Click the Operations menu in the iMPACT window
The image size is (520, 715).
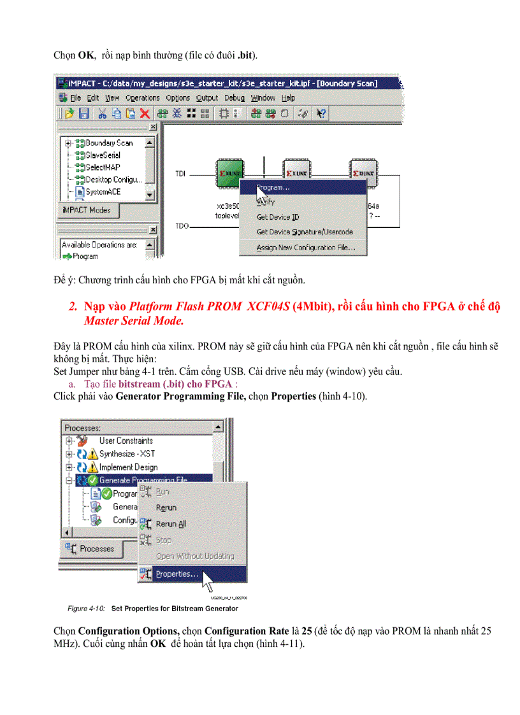tap(142, 98)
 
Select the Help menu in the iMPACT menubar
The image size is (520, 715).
tap(289, 98)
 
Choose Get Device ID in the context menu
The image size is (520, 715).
tap(277, 217)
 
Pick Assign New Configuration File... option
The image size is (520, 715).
tap(306, 248)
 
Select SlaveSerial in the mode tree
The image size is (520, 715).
tap(102, 155)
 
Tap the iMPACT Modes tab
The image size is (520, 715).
tap(87, 210)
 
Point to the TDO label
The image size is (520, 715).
tap(182, 227)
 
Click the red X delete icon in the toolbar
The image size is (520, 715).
tap(145, 113)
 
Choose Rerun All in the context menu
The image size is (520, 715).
tap(170, 524)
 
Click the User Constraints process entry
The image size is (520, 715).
tap(126, 441)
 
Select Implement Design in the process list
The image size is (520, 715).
tap(128, 467)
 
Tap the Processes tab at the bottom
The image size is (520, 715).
tap(96, 549)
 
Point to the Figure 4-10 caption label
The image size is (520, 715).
tap(86, 609)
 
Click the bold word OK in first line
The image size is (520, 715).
tap(85, 55)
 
